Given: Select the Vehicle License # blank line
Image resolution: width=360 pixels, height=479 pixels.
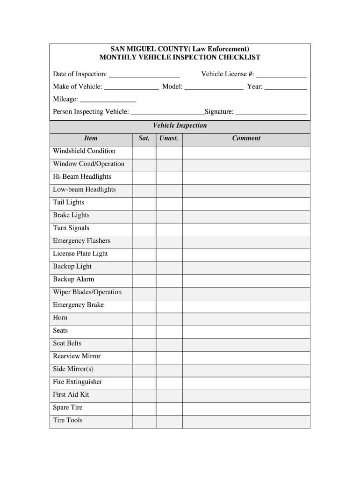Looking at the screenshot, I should click(281, 75).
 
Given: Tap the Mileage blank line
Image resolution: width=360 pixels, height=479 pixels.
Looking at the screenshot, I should click(108, 100).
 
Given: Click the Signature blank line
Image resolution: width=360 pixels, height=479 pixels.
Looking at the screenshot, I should click(271, 113).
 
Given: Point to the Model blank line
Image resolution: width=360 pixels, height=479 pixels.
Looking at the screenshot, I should click(214, 87).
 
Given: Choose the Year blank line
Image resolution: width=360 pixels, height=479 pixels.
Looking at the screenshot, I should click(285, 87).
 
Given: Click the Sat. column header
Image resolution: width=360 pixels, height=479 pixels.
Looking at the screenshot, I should click(144, 138).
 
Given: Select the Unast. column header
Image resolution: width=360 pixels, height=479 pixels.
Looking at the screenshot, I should click(169, 138).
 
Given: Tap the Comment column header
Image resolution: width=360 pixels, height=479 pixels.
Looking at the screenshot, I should click(246, 138).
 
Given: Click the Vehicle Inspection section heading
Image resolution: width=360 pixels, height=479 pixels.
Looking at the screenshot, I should click(180, 125).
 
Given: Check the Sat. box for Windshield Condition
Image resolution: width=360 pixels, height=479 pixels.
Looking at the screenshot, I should click(144, 151).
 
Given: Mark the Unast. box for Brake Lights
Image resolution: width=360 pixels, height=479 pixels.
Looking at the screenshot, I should click(169, 215).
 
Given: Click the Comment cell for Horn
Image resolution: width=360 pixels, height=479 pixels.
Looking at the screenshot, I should click(246, 318).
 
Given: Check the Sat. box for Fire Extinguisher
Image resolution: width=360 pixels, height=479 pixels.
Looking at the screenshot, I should click(144, 382).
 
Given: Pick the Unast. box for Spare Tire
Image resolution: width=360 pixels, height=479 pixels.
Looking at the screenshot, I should click(169, 408).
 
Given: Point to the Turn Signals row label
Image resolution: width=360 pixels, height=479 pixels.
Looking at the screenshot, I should click(71, 228).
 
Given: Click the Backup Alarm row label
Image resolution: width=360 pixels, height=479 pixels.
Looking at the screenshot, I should click(73, 279).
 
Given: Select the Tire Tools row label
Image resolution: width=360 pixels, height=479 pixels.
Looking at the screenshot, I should click(68, 421).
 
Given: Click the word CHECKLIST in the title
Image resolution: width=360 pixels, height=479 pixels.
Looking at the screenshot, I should click(238, 58).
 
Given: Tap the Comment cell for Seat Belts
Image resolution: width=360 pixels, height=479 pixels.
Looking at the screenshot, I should click(246, 344).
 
